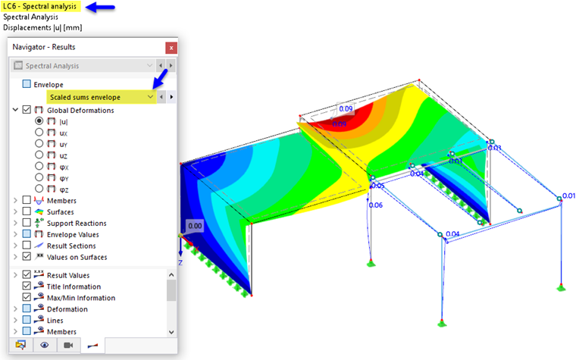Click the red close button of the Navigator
171,48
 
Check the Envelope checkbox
27,84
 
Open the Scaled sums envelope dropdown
151,97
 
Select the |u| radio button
39,121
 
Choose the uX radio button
39,133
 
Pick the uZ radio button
39,155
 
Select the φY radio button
39,177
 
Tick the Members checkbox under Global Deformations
27,201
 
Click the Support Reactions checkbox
27,224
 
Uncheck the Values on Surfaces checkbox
27,257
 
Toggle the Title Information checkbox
27,286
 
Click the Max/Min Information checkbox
27,298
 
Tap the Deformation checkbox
27,309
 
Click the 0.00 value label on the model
195,226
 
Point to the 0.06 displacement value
375,205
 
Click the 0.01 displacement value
568,196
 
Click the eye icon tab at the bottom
45,345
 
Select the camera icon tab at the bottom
68,345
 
